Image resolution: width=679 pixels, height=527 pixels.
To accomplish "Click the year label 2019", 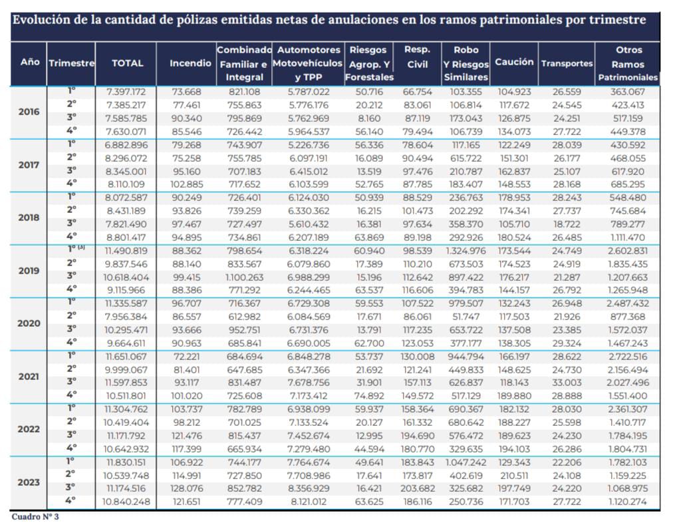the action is pos(29,271).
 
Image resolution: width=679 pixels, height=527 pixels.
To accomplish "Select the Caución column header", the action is pos(514,62).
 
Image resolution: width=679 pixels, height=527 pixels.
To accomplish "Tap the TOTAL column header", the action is pos(127,63).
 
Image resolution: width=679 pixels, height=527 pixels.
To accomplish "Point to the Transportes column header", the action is pos(567,63).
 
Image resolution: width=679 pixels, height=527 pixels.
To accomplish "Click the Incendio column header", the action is pos(190,63).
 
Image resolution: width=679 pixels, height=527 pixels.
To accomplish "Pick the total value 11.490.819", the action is pos(126,251).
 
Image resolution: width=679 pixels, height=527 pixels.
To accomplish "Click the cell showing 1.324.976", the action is pos(466,251).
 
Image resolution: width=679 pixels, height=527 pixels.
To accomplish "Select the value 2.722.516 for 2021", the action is pos(628,357).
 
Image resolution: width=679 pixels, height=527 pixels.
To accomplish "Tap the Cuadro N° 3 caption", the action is pos(35,516).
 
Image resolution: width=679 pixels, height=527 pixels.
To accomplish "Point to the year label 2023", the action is pos(29,482).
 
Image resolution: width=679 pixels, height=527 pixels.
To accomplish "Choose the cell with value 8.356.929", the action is pos(309,488).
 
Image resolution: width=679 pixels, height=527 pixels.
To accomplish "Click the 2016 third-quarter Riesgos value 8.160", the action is pos(369,118).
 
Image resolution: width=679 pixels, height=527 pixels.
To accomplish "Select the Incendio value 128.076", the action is pos(187,488).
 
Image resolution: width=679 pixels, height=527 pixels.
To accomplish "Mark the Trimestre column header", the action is pos(71,63).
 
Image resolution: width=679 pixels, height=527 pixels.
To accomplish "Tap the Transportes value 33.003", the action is pos(567,383).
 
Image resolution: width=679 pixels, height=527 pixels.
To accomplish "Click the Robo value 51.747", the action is pos(466,317).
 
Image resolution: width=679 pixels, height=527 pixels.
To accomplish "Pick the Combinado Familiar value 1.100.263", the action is pos(244,277).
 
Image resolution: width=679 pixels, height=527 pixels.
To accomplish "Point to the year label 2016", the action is pos(29,112).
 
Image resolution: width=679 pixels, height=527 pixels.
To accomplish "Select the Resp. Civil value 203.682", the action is pos(418,488).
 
